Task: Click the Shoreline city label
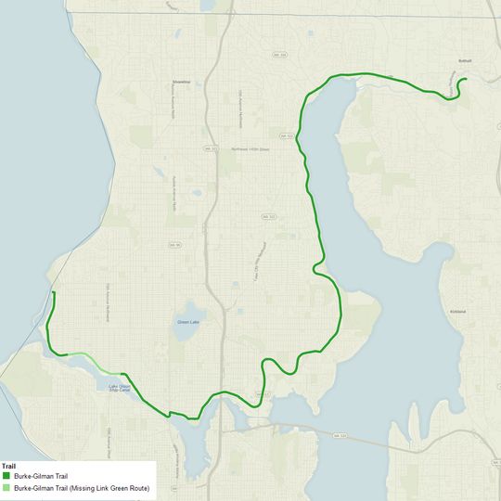click(181, 82)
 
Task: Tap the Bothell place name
click(466, 61)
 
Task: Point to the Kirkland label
click(456, 311)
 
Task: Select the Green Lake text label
click(186, 322)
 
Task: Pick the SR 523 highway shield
click(211, 148)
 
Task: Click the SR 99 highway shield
click(173, 245)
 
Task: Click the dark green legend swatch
click(6, 476)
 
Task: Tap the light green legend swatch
click(6, 487)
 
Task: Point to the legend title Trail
click(9, 466)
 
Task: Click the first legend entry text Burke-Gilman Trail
click(41, 476)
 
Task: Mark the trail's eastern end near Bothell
click(464, 80)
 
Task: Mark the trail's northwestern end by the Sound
click(54, 293)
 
